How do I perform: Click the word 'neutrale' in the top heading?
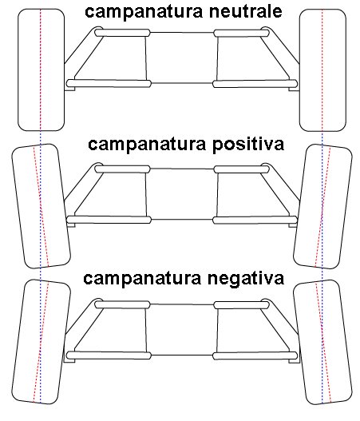tap(245, 11)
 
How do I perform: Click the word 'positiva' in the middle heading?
tap(248, 145)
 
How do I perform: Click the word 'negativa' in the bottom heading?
tap(246, 279)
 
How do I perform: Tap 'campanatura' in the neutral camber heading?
tap(144, 12)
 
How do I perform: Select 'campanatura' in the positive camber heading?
tap(147, 145)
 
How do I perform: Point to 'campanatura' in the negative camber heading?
tap(142, 279)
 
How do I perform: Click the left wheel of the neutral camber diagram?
tap(41, 70)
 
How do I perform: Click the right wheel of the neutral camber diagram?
tap(322, 70)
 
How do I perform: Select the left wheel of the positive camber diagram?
tap(41, 206)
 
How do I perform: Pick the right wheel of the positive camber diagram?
tap(322, 206)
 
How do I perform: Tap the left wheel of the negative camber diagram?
tap(41, 342)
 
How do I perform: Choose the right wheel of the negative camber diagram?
tap(322, 342)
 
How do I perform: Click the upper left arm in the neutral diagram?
tap(122, 33)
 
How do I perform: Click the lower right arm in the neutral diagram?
tap(255, 84)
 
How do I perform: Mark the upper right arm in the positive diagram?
tap(241, 169)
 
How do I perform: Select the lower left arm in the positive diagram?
tap(109, 220)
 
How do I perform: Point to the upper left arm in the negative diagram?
tap(122, 304)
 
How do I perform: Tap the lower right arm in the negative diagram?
tap(255, 355)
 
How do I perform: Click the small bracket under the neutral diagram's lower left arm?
tap(70, 89)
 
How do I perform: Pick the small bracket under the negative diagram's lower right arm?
tap(293, 361)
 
